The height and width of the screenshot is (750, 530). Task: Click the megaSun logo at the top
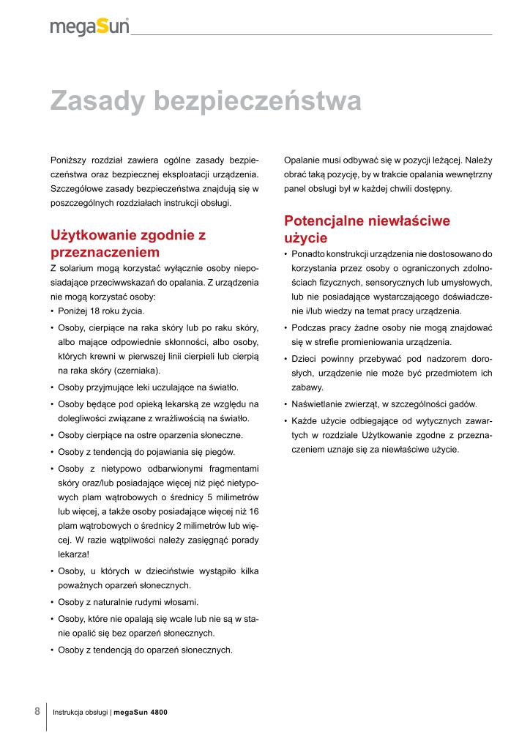point(89,27)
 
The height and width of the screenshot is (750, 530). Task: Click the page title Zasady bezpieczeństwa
point(205,102)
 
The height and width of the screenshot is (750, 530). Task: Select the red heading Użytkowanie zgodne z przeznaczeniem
point(128,243)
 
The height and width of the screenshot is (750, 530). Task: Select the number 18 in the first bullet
point(95,311)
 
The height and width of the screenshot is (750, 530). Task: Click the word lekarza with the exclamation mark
point(74,554)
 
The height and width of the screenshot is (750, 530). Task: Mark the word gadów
point(463,404)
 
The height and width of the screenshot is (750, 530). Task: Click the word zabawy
point(306,387)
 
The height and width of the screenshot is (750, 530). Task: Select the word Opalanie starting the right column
point(302,160)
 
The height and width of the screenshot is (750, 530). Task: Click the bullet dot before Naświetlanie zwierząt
point(285,404)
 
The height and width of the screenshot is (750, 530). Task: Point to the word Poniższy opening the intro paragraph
point(67,160)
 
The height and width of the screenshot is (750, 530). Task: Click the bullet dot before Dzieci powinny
point(285,359)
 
